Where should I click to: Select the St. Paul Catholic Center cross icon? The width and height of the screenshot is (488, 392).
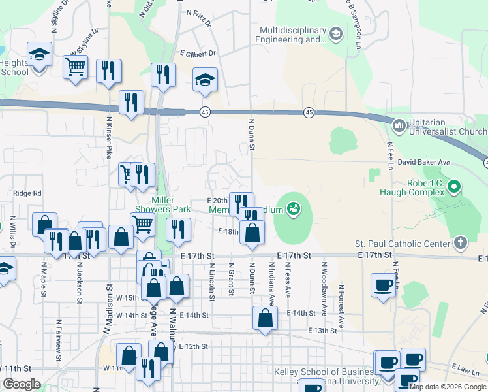(461, 243)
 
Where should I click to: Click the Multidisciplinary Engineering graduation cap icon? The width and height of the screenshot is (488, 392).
(335, 33)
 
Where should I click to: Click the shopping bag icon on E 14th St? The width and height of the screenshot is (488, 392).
(265, 319)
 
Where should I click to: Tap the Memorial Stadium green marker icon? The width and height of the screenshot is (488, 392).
(294, 208)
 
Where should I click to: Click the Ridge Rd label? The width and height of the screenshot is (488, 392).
(27, 193)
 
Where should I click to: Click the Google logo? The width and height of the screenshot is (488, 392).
(22, 384)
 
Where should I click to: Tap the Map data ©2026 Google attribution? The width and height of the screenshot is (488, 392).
(448, 387)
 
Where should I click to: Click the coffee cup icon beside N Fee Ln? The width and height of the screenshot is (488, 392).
(384, 285)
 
